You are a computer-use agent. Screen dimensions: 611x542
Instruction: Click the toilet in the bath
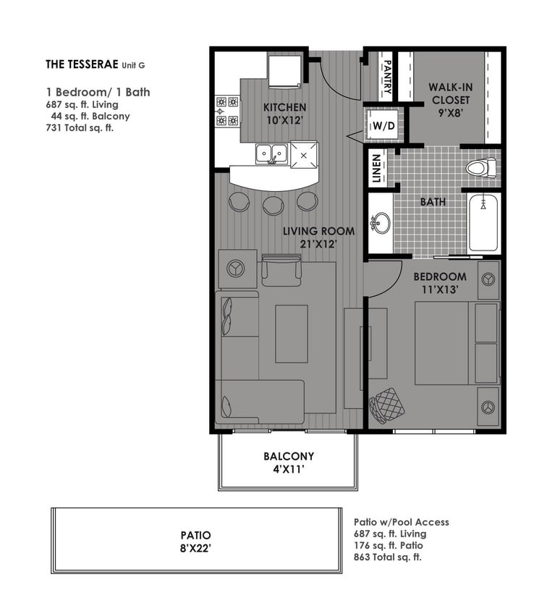[481, 169]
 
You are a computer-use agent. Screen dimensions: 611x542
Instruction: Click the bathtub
[480, 222]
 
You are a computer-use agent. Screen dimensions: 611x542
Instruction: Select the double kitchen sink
[271, 153]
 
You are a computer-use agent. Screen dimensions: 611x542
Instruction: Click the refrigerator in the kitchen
[283, 70]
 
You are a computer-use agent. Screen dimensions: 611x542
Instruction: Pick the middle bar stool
[273, 205]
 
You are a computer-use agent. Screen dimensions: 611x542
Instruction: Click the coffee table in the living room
[292, 333]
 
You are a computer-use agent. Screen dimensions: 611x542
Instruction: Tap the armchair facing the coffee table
[281, 270]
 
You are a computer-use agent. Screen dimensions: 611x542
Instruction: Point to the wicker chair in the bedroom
[387, 405]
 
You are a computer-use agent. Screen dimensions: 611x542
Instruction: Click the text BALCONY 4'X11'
[288, 462]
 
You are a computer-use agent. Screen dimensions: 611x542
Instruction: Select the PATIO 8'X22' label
[195, 542]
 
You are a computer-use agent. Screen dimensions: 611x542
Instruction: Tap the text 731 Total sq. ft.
[80, 128]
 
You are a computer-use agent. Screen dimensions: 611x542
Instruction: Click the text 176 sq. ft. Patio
[389, 545]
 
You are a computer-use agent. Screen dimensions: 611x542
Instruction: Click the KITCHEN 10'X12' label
[284, 114]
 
